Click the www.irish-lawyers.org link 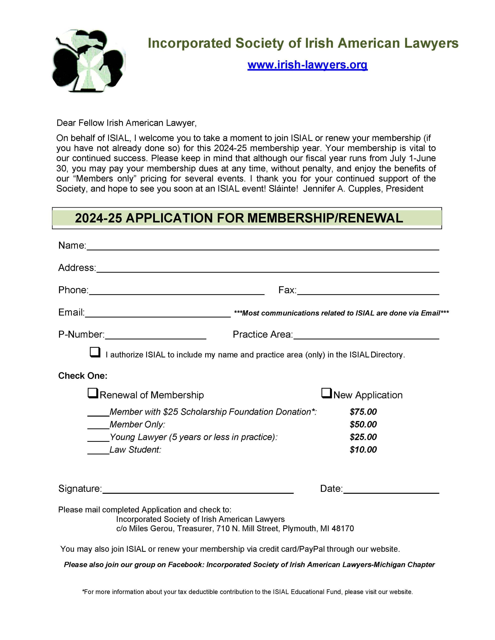(307, 64)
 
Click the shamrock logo (89, 61)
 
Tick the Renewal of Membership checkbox (93, 393)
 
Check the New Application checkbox (327, 393)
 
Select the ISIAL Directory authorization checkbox (95, 352)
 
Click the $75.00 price (363, 412)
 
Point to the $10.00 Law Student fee (363, 449)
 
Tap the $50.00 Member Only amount (363, 424)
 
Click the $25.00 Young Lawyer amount (363, 437)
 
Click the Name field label (72, 245)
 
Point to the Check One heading (83, 376)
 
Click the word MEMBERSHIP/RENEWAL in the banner (325, 218)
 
